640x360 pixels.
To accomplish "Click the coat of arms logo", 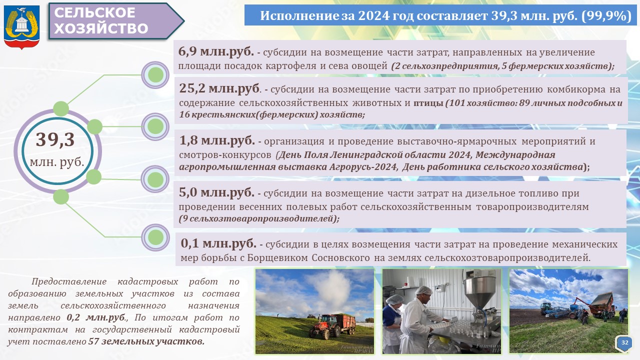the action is pos(21,27).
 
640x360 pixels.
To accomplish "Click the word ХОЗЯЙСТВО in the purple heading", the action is pos(101,28).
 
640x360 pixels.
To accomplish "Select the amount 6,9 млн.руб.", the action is pos(215,51).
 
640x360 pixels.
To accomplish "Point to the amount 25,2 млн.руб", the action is pos(219,88).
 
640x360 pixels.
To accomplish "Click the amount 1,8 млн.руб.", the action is pos(217,140).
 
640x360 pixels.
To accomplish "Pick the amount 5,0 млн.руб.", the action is pos(216,192).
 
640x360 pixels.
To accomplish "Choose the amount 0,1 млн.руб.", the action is pos(218,243).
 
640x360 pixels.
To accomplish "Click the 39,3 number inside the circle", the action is pos(55,139).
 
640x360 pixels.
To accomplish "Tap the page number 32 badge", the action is pos(624,342).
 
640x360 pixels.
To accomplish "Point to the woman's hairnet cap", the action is pos(395,299).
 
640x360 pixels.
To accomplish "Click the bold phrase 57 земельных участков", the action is pos(146,341).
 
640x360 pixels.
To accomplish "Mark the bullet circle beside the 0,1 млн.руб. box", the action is pos(155,237).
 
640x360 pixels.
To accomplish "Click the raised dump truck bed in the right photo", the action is pos(602,303).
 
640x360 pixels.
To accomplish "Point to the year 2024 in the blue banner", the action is pos(373,15).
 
